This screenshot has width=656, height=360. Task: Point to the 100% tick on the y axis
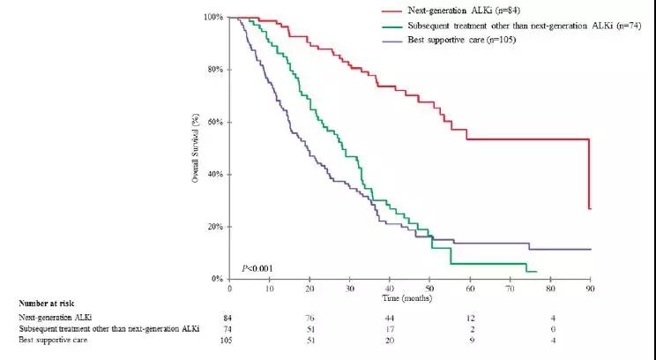(212, 18)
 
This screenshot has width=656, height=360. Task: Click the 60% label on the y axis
(212, 122)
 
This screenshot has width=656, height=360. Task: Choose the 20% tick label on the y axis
(212, 227)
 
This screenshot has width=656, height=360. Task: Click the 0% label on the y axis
(214, 279)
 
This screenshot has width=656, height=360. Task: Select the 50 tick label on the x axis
(429, 289)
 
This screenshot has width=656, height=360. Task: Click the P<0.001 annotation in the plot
(257, 267)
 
